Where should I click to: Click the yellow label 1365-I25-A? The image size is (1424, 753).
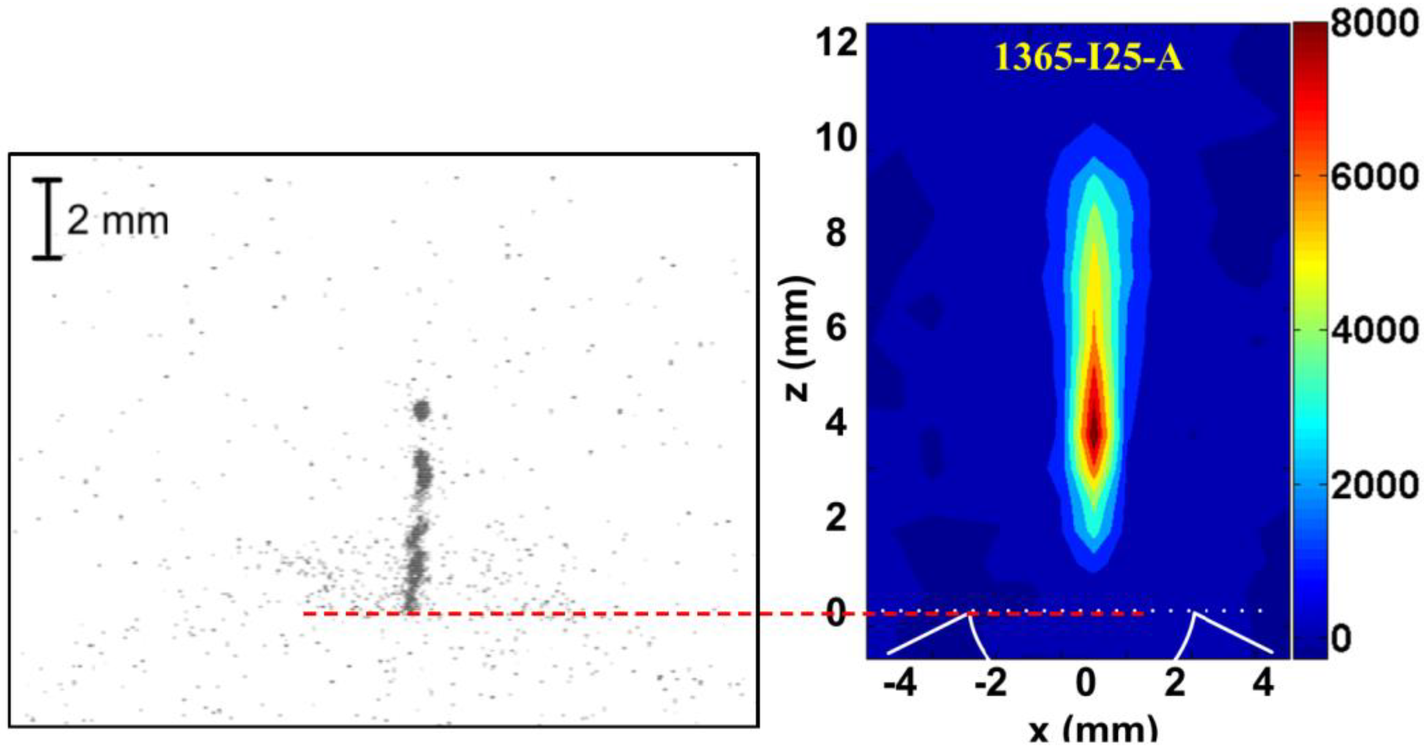tap(1088, 58)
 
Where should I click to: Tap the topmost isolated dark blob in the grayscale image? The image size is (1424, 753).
tap(422, 410)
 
